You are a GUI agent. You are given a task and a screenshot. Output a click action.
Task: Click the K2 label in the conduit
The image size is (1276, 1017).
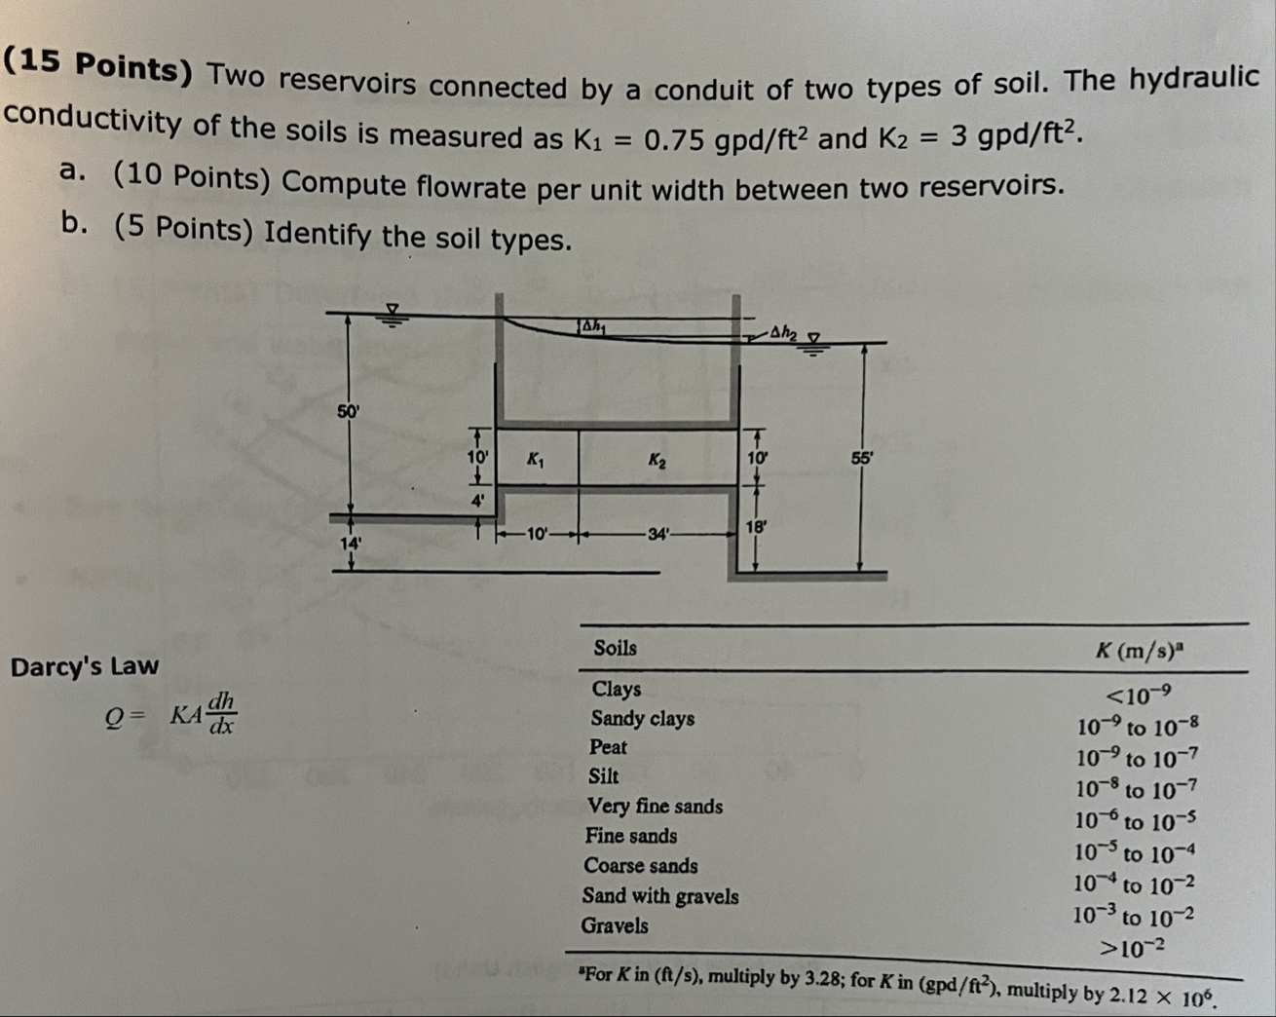pos(657,461)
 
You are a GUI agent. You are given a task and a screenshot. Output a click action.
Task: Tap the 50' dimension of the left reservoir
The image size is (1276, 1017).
pos(348,411)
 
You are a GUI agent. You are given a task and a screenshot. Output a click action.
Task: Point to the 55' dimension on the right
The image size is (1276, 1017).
pos(862,460)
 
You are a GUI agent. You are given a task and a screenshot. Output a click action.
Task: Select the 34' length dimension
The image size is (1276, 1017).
pos(659,534)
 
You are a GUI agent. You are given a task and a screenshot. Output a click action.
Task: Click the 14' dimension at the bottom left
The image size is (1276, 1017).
pos(350,543)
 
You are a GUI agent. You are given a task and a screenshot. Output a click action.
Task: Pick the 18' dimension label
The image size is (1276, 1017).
pos(756,527)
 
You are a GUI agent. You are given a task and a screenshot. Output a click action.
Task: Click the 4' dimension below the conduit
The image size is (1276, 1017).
pos(477,501)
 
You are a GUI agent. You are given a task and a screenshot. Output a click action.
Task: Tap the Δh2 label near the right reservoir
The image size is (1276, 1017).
pos(782,332)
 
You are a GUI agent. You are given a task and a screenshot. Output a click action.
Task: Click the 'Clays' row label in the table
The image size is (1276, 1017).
pos(617,689)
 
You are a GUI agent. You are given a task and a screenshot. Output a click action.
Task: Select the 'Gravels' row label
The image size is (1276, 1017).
pos(615,925)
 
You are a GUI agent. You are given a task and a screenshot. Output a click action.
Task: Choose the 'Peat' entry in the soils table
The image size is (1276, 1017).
pos(608,747)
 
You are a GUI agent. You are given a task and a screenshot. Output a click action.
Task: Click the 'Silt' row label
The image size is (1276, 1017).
pos(604,776)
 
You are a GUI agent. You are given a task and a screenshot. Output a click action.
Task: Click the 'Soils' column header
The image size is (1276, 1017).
pos(615,648)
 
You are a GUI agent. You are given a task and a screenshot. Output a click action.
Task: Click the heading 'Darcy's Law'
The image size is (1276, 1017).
pos(84,666)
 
